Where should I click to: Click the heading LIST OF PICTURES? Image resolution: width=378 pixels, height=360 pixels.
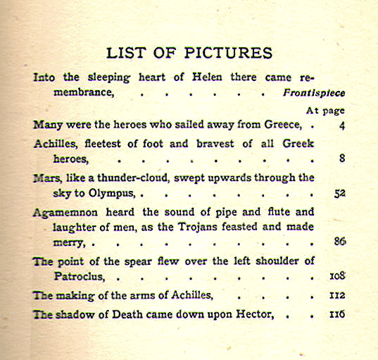coord(189,54)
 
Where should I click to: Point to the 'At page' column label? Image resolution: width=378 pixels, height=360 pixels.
coord(326,111)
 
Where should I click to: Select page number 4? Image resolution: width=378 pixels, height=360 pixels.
coord(341,125)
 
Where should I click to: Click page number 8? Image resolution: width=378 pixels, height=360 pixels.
coord(341,159)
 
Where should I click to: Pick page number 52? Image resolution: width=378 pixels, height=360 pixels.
coord(339,192)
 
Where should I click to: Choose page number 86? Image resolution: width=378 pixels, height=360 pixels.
coord(339,242)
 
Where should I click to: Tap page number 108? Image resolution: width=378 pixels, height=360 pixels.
coord(337,277)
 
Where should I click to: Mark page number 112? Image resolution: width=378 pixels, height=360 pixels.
coord(337,295)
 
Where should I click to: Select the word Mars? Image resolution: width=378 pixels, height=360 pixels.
coord(46,178)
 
